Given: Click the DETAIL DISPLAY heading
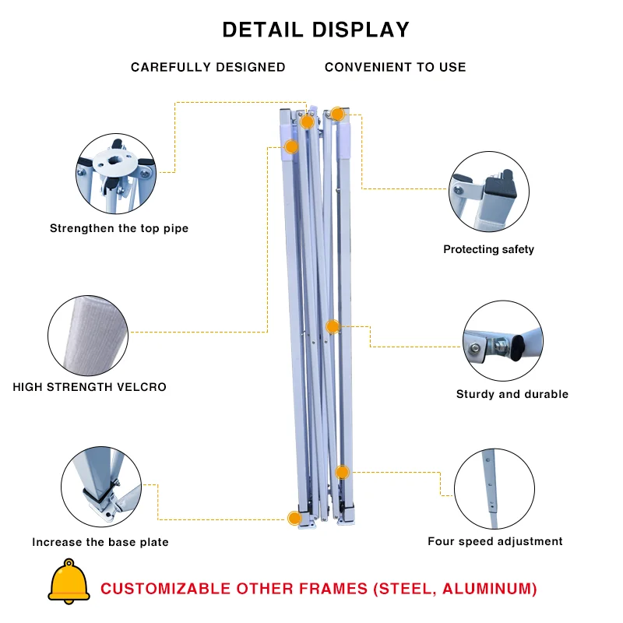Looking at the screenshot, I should point(315,30).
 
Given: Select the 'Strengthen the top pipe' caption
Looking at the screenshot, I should point(119,228).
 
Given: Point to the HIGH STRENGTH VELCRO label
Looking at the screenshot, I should point(90,386).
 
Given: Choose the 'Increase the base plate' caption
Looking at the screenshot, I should point(100,542).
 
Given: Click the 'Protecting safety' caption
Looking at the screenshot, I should point(489,249).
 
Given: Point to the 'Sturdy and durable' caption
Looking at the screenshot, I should point(512,394).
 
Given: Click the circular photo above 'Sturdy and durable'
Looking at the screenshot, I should point(503,341).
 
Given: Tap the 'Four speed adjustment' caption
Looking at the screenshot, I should point(495,541).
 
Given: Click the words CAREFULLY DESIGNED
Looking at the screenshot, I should point(208,67).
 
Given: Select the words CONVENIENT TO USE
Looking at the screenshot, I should point(396,67).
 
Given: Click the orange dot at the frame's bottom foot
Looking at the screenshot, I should point(294,518).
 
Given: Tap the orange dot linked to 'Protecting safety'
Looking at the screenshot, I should point(337,114).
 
